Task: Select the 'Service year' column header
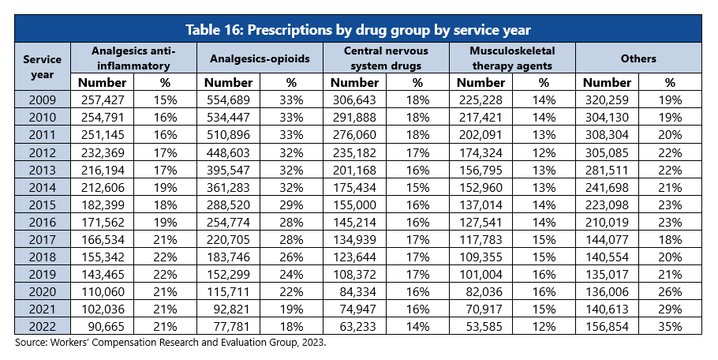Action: (42, 66)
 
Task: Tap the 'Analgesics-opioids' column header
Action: (259, 58)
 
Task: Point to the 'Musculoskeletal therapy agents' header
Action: (511, 58)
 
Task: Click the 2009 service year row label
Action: (42, 99)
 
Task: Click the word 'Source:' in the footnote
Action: (32, 344)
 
